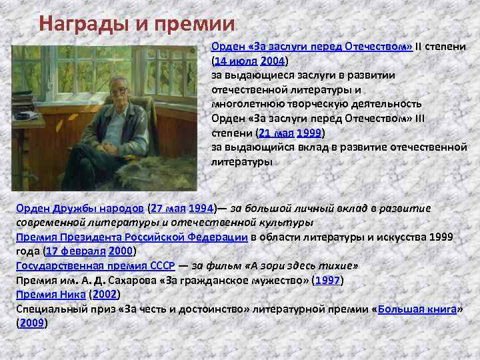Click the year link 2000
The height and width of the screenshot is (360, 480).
click(120, 251)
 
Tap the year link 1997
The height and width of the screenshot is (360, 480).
click(327, 280)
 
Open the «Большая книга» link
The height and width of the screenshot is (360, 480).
click(417, 309)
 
